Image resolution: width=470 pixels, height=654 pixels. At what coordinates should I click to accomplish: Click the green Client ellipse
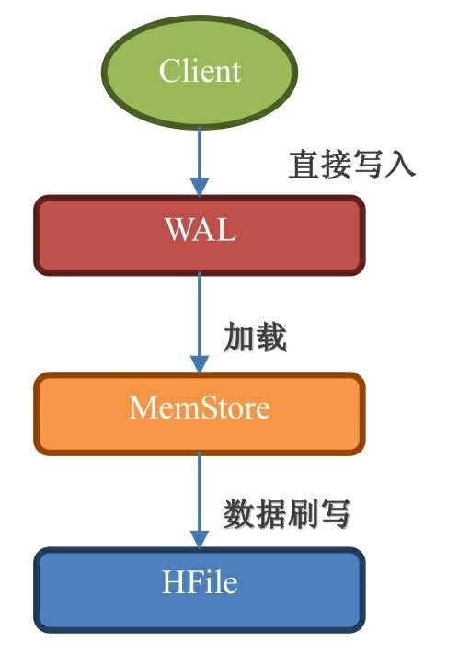coord(200,72)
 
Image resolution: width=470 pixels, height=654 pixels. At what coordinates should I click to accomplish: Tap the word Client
coord(200,71)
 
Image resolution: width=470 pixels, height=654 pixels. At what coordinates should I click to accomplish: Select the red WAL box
coord(200,235)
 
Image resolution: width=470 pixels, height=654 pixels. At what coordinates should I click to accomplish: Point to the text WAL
coord(201,229)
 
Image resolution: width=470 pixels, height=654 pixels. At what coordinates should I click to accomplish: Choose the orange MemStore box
coord(200,413)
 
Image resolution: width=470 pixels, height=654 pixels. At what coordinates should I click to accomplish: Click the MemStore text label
coord(200,407)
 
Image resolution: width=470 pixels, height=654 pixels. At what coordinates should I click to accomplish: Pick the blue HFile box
coord(200,590)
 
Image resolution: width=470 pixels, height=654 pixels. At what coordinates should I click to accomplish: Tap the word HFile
coord(200,582)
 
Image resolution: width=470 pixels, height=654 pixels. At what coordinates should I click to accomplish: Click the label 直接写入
coord(352,165)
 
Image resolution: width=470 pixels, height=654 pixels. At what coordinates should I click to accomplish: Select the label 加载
coord(255,337)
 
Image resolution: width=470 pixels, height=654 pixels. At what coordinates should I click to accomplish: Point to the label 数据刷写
coord(287,514)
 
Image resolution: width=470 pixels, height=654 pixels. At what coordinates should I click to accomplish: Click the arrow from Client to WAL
coord(200,162)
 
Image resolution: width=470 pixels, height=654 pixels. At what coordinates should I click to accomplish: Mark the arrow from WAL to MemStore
coord(200,323)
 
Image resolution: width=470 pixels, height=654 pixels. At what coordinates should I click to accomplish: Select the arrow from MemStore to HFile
coord(200,500)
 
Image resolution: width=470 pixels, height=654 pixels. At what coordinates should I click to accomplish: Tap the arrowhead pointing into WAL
coord(200,188)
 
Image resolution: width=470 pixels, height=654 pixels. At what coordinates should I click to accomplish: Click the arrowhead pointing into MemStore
coord(200,365)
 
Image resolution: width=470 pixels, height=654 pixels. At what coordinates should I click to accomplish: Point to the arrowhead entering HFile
coord(200,540)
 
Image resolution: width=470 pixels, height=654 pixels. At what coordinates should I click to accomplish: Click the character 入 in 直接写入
coord(400,165)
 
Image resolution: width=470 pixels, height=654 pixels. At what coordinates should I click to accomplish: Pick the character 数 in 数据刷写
coord(239,514)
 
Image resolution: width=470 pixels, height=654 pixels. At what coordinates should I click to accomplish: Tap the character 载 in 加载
coord(271,337)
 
